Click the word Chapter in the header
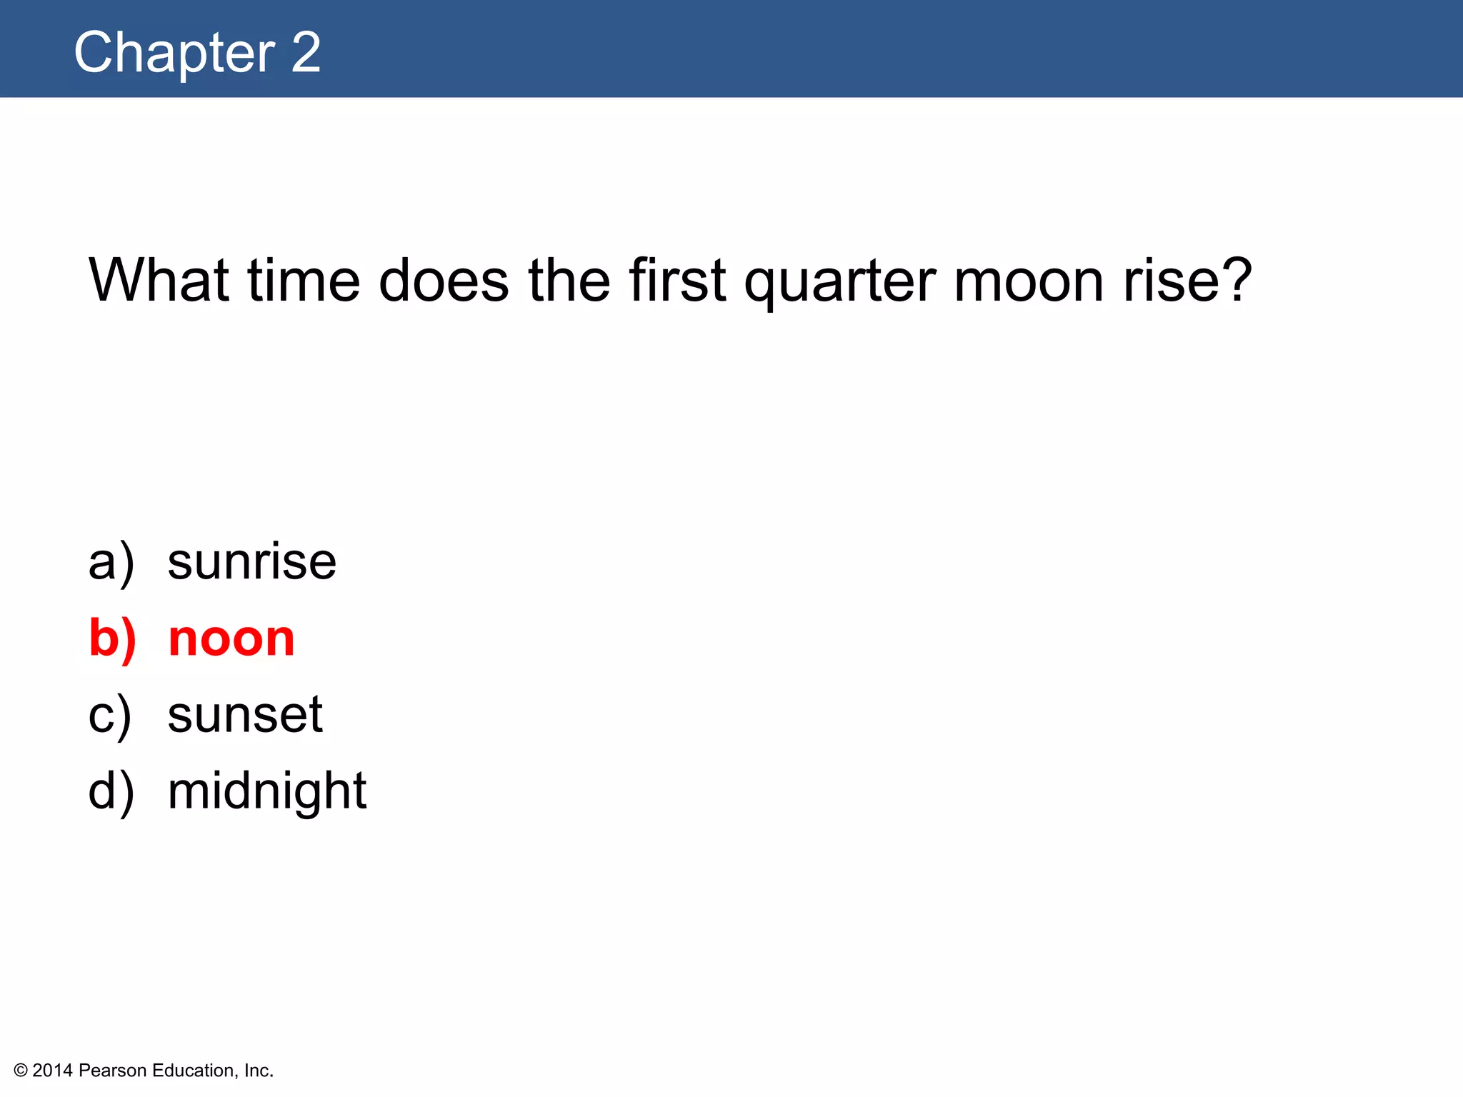174,53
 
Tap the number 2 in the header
306,53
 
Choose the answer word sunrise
251,562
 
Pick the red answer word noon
231,638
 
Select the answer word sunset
245,715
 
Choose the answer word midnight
266,791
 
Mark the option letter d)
111,792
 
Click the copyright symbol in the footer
21,1071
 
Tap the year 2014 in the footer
53,1071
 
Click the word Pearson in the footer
113,1071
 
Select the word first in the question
677,280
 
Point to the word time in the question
304,280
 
